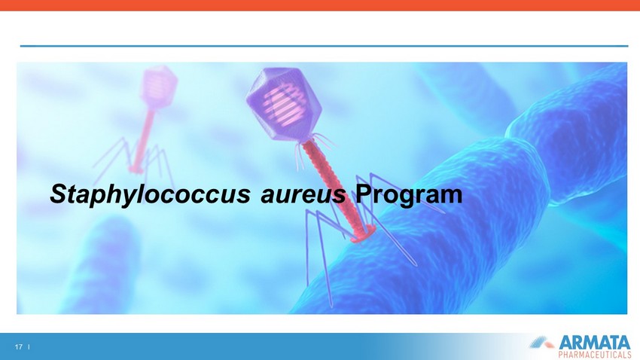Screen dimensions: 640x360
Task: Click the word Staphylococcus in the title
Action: coord(150,194)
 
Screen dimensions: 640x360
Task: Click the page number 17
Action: coord(18,347)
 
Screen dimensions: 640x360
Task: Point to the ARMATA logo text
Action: coord(594,342)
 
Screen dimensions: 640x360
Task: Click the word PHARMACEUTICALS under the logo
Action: coord(594,354)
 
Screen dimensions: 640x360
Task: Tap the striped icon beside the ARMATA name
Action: coord(542,343)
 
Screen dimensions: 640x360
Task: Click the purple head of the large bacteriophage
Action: coord(284,104)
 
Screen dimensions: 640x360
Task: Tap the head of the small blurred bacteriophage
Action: coord(158,87)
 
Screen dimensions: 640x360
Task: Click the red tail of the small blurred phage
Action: coord(143,137)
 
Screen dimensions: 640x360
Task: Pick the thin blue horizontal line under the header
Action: coord(324,46)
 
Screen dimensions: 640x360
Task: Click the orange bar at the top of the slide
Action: coord(320,5)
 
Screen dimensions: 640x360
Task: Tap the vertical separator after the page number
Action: coord(29,347)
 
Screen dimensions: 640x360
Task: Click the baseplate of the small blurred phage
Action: coord(136,168)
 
